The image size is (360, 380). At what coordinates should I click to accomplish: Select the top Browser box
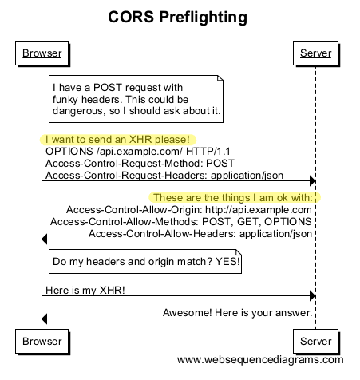point(42,54)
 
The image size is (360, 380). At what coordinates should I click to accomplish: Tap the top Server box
point(315,54)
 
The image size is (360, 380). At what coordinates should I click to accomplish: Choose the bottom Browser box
point(42,342)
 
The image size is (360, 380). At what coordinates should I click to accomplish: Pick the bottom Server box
point(315,342)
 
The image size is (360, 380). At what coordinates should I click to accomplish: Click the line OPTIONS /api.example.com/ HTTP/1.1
point(127,150)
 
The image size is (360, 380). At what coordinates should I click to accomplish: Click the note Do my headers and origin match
point(145,261)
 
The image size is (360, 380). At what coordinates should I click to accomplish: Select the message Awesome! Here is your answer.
point(237,312)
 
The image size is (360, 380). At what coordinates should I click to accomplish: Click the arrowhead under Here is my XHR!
point(311,296)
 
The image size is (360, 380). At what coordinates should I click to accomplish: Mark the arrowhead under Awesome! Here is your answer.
point(45,320)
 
